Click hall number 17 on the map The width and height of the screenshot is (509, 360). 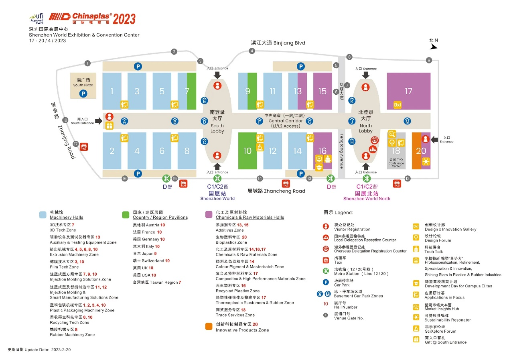[408, 92]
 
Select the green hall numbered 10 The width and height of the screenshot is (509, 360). [247, 151]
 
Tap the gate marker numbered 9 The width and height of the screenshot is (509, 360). [429, 60]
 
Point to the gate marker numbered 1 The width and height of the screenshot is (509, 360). [87, 63]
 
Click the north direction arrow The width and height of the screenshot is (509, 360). [433, 47]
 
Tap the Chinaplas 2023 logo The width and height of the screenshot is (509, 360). [92, 18]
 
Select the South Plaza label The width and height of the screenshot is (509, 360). [83, 82]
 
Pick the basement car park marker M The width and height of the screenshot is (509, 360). [408, 121]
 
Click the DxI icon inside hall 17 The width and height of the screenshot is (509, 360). [397, 104]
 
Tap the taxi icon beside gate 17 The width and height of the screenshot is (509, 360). [84, 147]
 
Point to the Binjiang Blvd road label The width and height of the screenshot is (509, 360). [278, 43]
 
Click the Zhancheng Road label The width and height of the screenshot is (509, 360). [276, 191]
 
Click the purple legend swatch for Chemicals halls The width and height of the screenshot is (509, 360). [209, 214]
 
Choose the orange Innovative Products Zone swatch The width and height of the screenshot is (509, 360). [209, 327]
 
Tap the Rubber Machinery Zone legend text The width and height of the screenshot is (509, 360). [72, 335]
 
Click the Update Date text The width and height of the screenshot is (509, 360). [39, 350]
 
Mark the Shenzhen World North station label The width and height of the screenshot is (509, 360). [367, 198]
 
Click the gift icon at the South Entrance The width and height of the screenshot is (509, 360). [110, 126]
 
